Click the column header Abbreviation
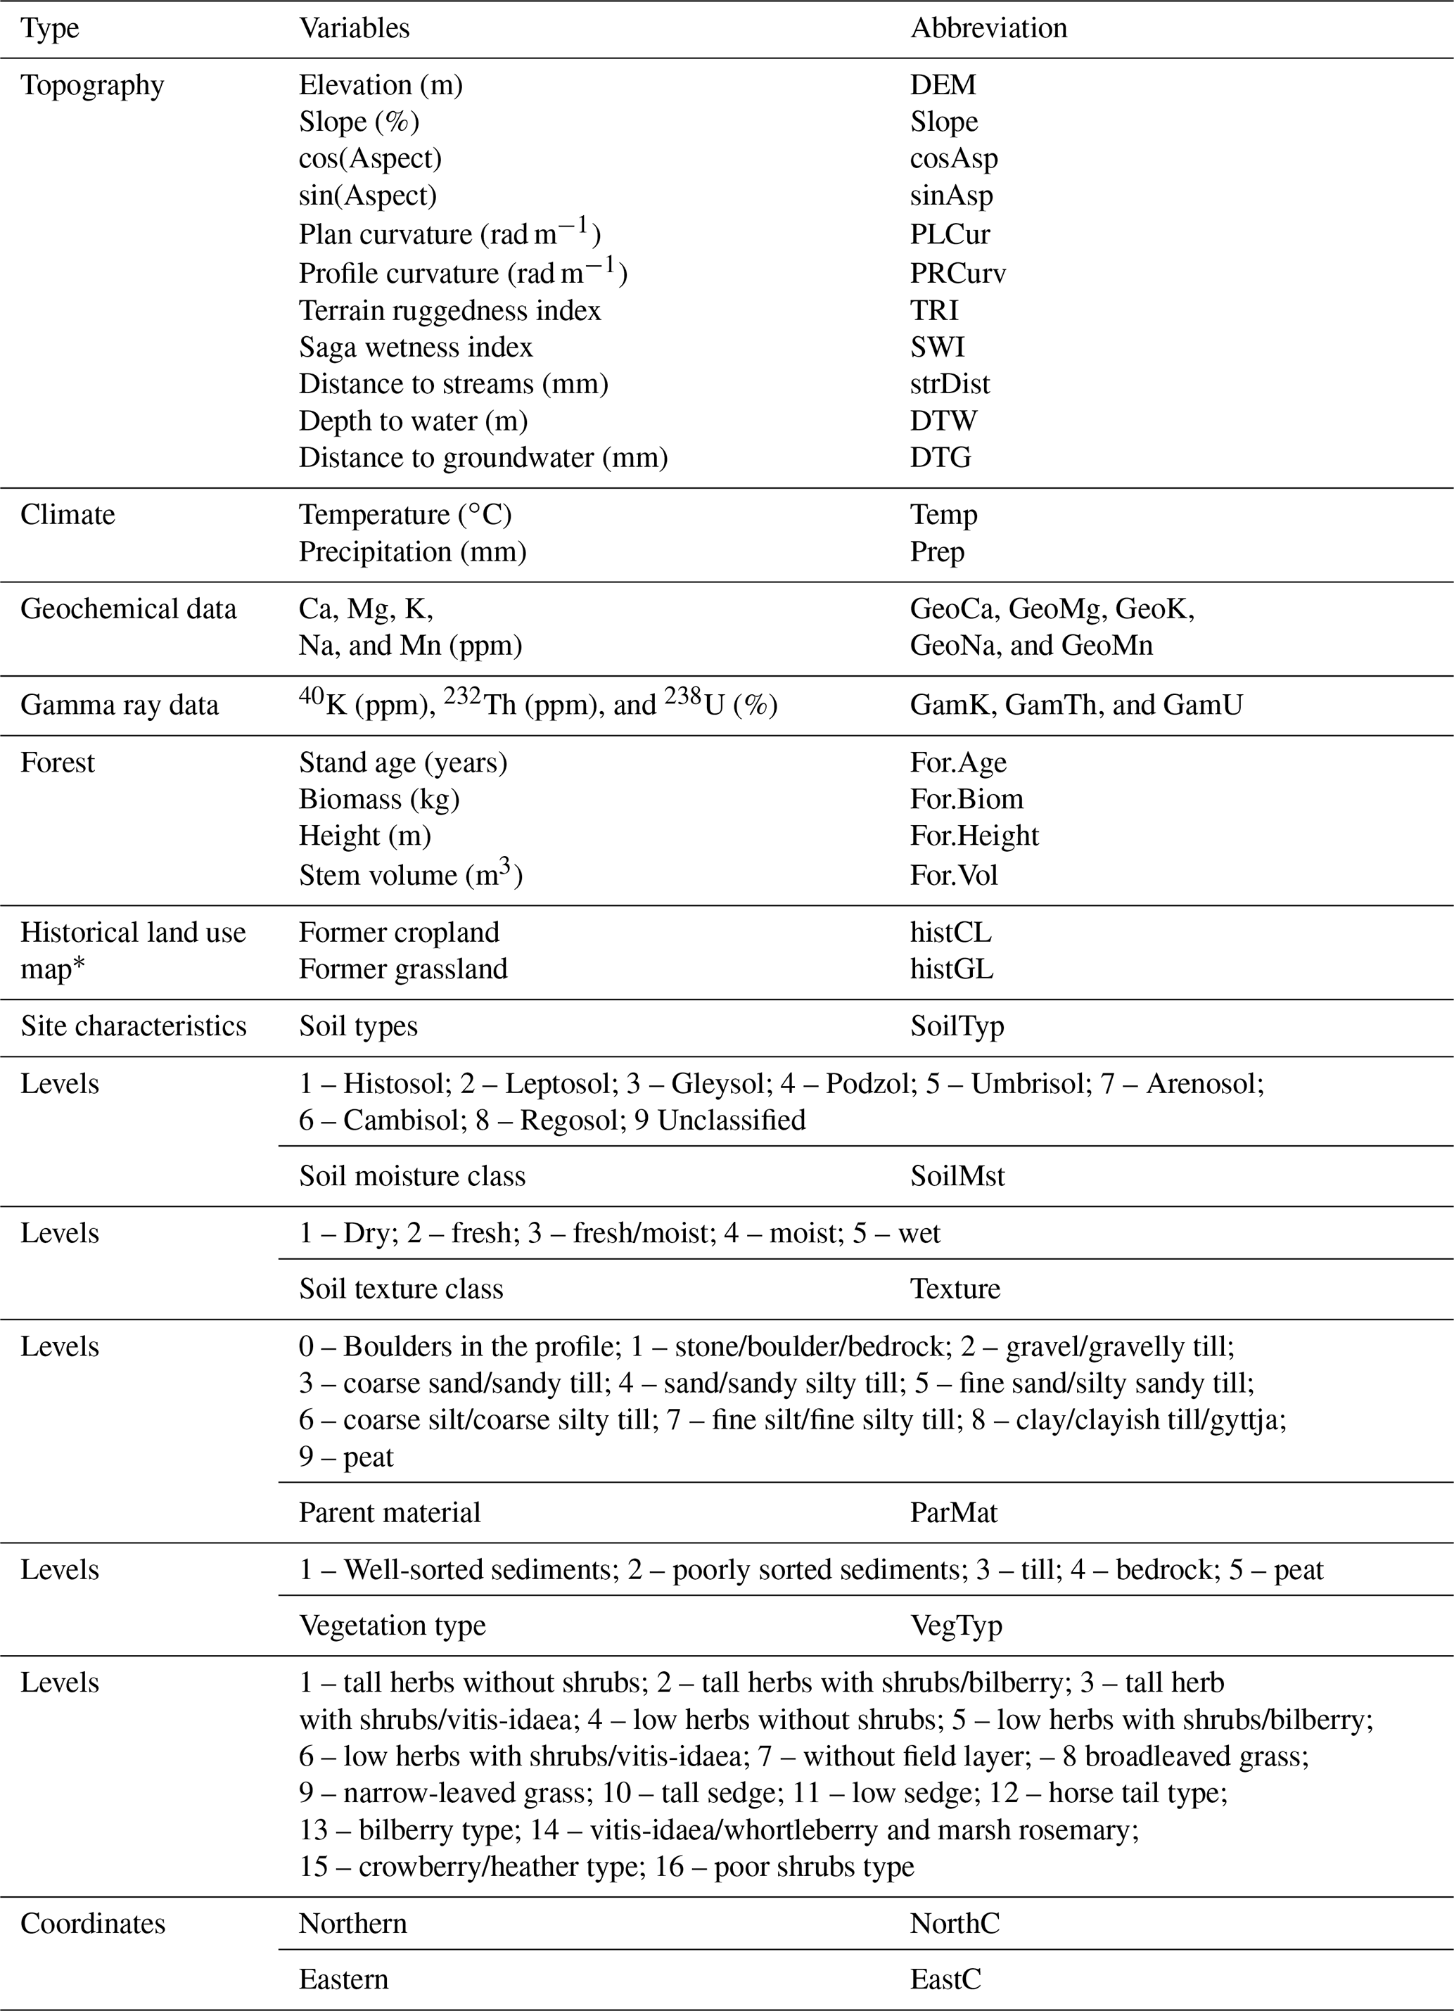pyautogui.click(x=988, y=28)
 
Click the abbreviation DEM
pyautogui.click(x=943, y=85)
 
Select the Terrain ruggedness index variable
pyautogui.click(x=449, y=310)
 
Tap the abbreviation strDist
pyautogui.click(x=950, y=384)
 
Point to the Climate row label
pyautogui.click(x=68, y=515)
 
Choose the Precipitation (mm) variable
pyautogui.click(x=412, y=551)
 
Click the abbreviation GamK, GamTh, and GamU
pyautogui.click(x=1076, y=705)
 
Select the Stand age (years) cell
pyautogui.click(x=402, y=762)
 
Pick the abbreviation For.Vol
pyautogui.click(x=954, y=875)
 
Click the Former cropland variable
pyautogui.click(x=399, y=932)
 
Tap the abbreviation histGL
pyautogui.click(x=951, y=969)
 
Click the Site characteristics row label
pyautogui.click(x=133, y=1026)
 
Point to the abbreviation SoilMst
pyautogui.click(x=957, y=1176)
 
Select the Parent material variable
pyautogui.click(x=389, y=1512)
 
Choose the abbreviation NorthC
pyautogui.click(x=955, y=1923)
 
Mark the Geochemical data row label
pyautogui.click(x=129, y=609)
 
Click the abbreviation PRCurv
pyautogui.click(x=957, y=273)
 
